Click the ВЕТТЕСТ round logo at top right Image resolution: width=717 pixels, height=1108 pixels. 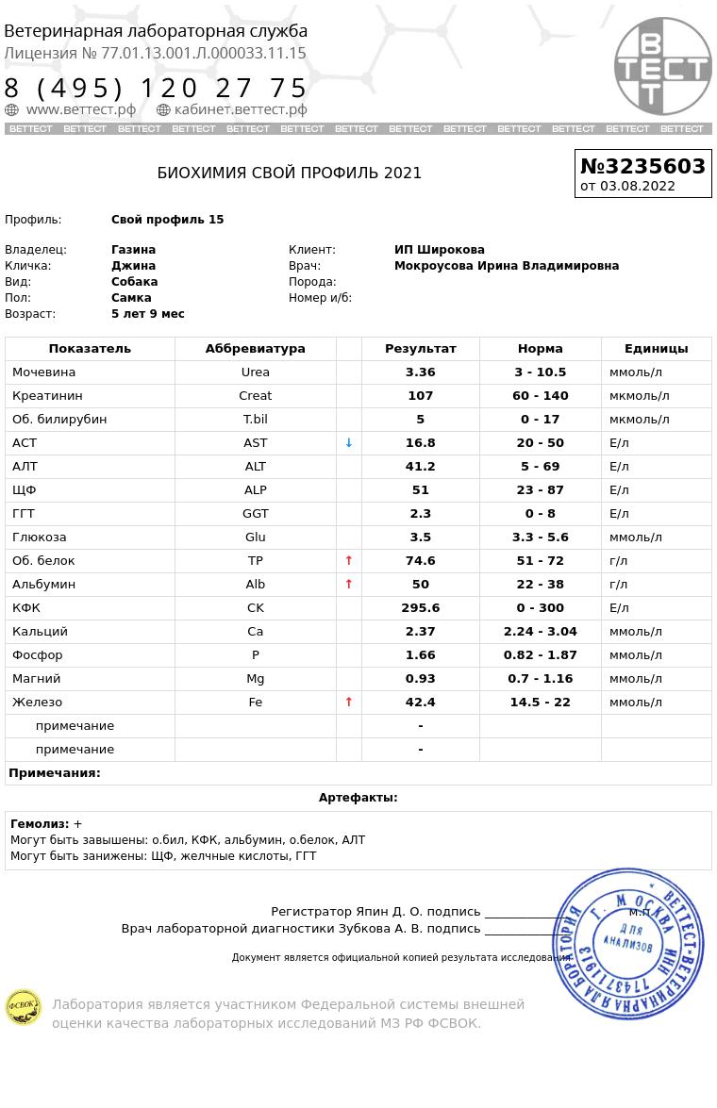(662, 66)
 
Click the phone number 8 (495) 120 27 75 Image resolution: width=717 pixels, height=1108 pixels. (157, 89)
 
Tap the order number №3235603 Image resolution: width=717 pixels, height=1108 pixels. (642, 166)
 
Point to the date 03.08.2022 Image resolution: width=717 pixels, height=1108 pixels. (638, 186)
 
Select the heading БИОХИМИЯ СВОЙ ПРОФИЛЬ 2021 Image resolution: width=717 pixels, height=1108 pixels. (289, 173)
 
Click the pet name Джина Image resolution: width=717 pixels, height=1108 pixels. (133, 266)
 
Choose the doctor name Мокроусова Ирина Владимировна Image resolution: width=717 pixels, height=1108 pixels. (506, 266)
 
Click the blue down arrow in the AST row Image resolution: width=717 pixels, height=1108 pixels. (348, 442)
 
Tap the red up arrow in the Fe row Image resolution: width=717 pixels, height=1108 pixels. (348, 702)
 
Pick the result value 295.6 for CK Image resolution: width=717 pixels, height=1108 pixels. (420, 607)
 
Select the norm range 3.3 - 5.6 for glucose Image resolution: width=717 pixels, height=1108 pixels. (540, 537)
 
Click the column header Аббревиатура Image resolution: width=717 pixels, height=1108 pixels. (255, 348)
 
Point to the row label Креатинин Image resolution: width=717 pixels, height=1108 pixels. (47, 395)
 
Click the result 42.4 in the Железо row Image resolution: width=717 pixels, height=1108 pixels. (420, 702)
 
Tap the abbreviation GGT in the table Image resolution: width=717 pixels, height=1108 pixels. (255, 513)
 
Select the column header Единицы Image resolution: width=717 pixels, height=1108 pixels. (656, 348)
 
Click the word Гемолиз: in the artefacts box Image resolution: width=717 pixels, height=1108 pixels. (40, 823)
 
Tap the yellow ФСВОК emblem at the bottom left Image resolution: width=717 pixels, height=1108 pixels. (23, 1007)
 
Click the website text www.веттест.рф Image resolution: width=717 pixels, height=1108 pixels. (80, 109)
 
